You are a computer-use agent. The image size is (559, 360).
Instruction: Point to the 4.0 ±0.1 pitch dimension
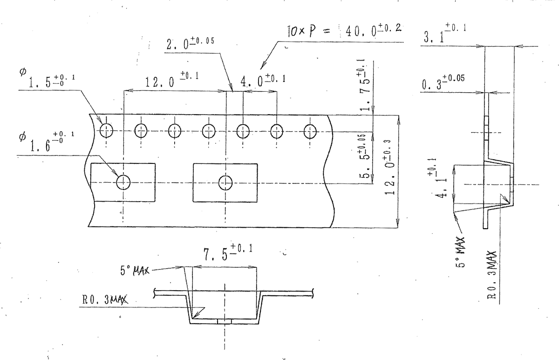262,81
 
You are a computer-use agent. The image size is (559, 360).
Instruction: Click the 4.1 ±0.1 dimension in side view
440,179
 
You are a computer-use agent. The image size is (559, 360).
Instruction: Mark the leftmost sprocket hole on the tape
107,131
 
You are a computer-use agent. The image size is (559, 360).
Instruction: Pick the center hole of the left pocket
123,182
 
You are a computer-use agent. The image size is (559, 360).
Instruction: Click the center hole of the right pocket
225,182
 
